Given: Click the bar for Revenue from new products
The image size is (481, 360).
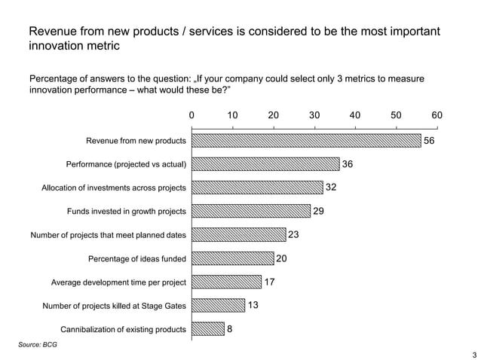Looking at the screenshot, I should [x=306, y=141].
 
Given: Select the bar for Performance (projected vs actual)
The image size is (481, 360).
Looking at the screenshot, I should [x=265, y=164].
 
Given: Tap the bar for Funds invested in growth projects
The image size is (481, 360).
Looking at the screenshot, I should [x=251, y=212].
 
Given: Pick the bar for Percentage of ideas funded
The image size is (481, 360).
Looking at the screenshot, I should [x=233, y=259].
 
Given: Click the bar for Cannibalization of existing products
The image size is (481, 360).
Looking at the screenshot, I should [x=208, y=329].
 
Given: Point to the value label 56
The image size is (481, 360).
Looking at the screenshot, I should [x=430, y=141].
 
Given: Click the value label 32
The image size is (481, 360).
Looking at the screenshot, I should [x=331, y=188].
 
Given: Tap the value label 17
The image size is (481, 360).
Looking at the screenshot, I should [x=269, y=282].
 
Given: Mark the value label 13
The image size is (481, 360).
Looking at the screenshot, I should [x=253, y=306].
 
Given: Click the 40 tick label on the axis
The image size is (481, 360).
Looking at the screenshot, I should [x=355, y=115].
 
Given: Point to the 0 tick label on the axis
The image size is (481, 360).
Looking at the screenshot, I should [x=191, y=115].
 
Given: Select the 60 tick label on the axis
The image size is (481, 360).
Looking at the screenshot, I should [x=437, y=115].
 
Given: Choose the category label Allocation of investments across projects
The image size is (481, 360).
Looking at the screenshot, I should [x=113, y=188].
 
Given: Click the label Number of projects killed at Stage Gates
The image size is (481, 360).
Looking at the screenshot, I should [x=115, y=306].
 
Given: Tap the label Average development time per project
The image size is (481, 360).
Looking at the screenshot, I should [x=118, y=282].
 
